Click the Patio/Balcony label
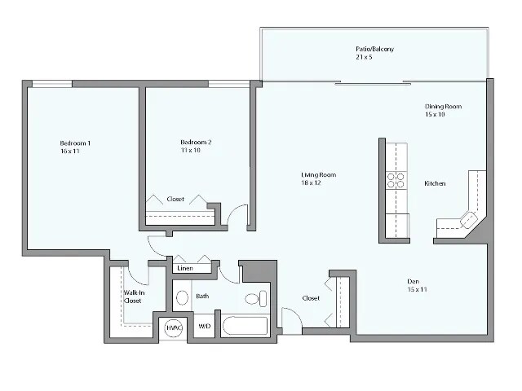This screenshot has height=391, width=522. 374,50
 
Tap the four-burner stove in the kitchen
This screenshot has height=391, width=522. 396,180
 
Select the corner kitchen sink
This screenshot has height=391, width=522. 468,218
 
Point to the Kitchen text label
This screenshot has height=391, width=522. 435,183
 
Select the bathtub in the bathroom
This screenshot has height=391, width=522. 246,327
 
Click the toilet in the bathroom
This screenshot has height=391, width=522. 255,298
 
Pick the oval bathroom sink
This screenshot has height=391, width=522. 183,297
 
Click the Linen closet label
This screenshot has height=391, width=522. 185,268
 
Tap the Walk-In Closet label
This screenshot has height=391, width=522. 132,297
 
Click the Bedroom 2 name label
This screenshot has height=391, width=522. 196,143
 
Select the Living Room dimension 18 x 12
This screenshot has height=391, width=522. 318,182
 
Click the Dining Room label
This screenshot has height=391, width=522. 443,106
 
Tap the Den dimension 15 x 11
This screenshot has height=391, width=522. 418,289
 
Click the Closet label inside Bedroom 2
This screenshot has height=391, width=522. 175,199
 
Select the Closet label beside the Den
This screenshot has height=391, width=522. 310,298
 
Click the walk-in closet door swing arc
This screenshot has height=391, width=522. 137,274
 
